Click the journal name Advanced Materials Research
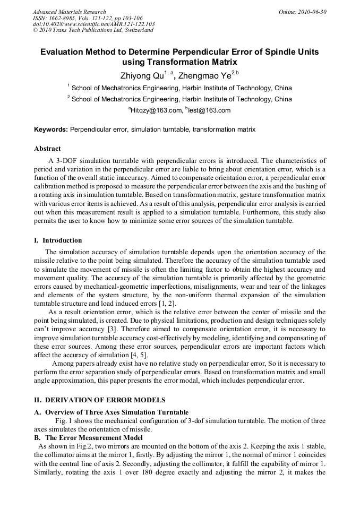69,12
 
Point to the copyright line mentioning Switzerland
93,30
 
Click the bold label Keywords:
51,130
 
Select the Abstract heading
47,149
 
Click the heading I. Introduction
58,240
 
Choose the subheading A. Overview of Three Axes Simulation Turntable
111,412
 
